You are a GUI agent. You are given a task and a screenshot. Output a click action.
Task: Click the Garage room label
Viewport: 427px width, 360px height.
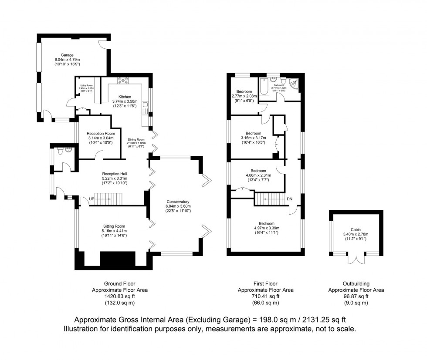[x=64, y=55]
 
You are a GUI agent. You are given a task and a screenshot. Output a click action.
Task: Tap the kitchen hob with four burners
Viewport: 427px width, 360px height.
[x=122, y=80]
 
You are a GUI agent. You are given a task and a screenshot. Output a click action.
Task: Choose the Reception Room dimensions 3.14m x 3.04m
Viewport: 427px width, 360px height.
[x=101, y=138]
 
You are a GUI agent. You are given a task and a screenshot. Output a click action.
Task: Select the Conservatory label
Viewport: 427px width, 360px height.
[x=178, y=202]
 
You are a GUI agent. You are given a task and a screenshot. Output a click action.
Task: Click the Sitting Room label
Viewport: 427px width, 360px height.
[x=114, y=226]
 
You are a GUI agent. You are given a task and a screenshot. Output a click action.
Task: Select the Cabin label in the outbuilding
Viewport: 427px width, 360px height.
[x=356, y=229]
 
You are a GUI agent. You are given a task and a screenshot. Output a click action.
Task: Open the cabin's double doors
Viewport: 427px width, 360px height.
[x=356, y=260]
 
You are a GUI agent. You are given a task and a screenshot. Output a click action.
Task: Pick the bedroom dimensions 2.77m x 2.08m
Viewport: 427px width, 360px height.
[x=247, y=96]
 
